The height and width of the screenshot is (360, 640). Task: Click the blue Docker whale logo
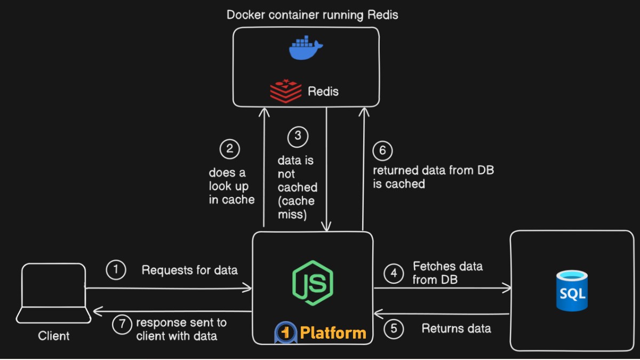306,49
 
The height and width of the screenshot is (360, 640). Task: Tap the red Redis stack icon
285,91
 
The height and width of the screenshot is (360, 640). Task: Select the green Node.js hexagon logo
312,283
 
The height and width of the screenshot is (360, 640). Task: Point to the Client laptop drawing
53,293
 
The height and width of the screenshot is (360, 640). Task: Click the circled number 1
116,270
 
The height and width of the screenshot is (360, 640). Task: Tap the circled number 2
229,149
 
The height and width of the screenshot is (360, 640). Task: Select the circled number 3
298,137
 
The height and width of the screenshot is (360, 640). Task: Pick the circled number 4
394,274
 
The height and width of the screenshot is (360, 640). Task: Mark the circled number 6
382,151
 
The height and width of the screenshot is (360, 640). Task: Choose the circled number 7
122,325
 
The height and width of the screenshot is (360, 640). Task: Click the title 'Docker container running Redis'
313,14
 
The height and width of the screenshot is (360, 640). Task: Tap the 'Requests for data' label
189,270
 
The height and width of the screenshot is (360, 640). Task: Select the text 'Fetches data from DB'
447,273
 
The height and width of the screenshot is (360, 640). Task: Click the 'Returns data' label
456,329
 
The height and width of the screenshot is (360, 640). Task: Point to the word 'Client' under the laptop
54,336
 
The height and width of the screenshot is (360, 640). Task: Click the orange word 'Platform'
333,333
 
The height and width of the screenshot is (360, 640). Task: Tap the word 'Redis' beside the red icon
323,91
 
